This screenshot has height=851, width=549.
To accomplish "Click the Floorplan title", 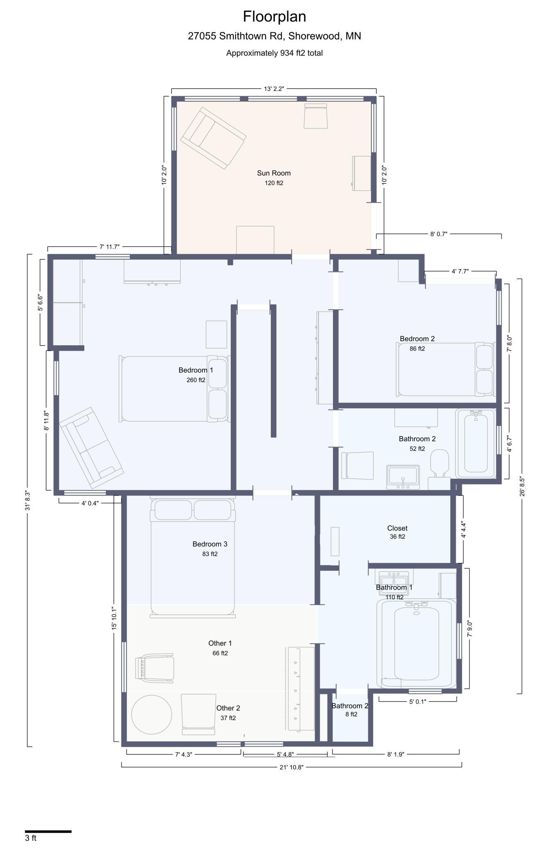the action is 274,17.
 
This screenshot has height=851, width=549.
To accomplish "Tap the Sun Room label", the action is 274,173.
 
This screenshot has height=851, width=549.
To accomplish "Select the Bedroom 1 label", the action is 196,370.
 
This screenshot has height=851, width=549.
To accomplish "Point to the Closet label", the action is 397,528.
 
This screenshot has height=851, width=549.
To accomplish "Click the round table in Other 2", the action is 151,715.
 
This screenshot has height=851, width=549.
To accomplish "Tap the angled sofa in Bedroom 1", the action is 91,447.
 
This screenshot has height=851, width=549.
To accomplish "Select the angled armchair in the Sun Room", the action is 213,138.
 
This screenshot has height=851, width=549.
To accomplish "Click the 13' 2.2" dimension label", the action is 274,89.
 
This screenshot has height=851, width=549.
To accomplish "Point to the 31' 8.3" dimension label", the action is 28,501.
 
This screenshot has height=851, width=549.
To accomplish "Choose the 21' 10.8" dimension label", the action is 291,767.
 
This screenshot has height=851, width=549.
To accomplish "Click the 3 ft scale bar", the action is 48,831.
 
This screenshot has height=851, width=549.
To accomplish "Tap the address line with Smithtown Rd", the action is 274,36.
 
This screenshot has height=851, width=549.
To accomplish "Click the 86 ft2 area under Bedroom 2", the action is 417,349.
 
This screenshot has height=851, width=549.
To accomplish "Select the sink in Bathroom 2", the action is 403,477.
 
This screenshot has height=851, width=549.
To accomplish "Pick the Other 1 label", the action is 220,643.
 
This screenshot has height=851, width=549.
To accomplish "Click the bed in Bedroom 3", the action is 193,557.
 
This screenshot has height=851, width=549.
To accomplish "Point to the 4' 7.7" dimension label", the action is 460,271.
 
